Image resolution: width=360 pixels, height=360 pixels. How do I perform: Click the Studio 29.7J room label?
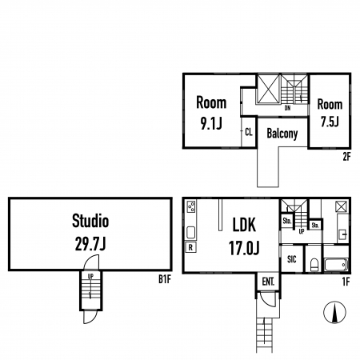pos(90,232)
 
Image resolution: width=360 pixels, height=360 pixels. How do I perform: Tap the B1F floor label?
pos(165,279)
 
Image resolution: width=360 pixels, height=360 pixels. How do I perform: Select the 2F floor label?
pos(346,157)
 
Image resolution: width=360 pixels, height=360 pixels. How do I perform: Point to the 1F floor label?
pos(346,282)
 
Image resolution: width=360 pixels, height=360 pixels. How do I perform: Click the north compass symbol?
pos(334,312)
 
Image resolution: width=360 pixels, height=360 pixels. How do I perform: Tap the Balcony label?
pos(282,134)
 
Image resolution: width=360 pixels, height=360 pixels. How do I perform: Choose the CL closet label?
pos(249,132)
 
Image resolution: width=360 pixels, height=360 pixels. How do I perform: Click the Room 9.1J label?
pos(211,113)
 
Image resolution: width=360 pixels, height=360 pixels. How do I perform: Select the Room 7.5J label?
pos(330,113)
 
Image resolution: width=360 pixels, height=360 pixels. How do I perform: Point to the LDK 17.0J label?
pos(244,237)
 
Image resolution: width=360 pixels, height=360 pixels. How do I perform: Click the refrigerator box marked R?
pos(190,247)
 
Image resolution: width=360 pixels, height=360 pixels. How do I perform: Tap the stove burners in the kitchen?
pos(191,206)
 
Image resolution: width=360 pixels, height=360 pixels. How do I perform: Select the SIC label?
pos(292,259)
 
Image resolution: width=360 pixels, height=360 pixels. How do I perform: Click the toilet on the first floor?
pos(314,264)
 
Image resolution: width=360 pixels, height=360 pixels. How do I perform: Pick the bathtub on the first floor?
pos(336,265)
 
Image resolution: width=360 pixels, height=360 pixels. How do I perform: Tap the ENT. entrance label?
pos(268,282)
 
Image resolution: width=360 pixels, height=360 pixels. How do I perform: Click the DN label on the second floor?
pos(287,108)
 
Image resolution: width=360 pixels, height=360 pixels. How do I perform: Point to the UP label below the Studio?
pos(90,277)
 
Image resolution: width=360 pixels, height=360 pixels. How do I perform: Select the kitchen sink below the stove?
pos(191,232)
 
